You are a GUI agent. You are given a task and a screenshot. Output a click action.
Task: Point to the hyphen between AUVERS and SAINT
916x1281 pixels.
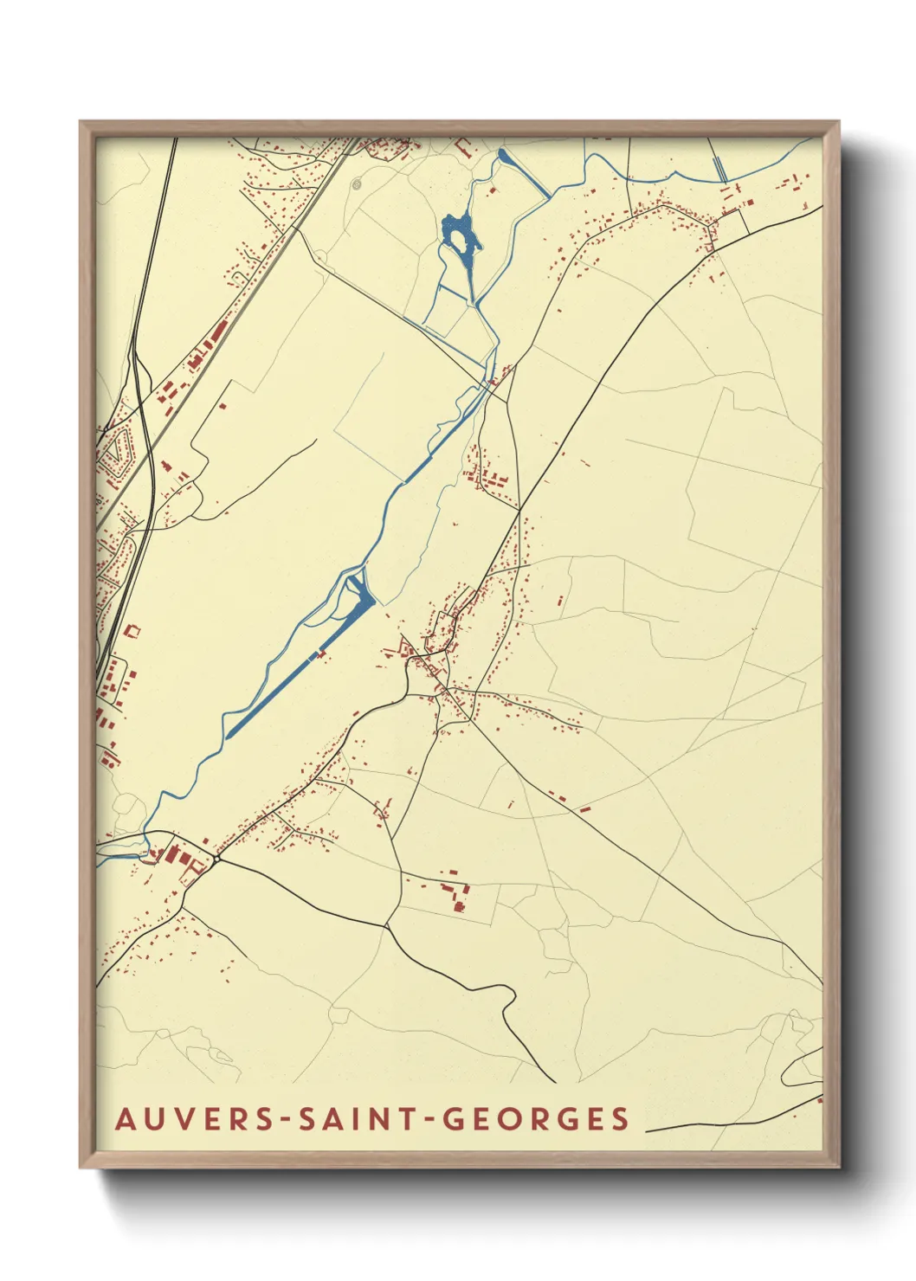coord(286,1119)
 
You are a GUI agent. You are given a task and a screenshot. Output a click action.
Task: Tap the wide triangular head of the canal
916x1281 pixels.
coord(361,596)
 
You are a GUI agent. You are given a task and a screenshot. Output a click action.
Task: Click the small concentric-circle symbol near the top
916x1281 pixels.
coord(356,184)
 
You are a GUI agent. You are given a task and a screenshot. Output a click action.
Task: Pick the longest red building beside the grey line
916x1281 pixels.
coord(216,333)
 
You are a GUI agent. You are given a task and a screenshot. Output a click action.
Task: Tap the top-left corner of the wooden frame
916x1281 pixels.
coord(81,122)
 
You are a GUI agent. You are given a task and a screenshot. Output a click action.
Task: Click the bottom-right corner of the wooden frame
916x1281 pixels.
coord(838,1168)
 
